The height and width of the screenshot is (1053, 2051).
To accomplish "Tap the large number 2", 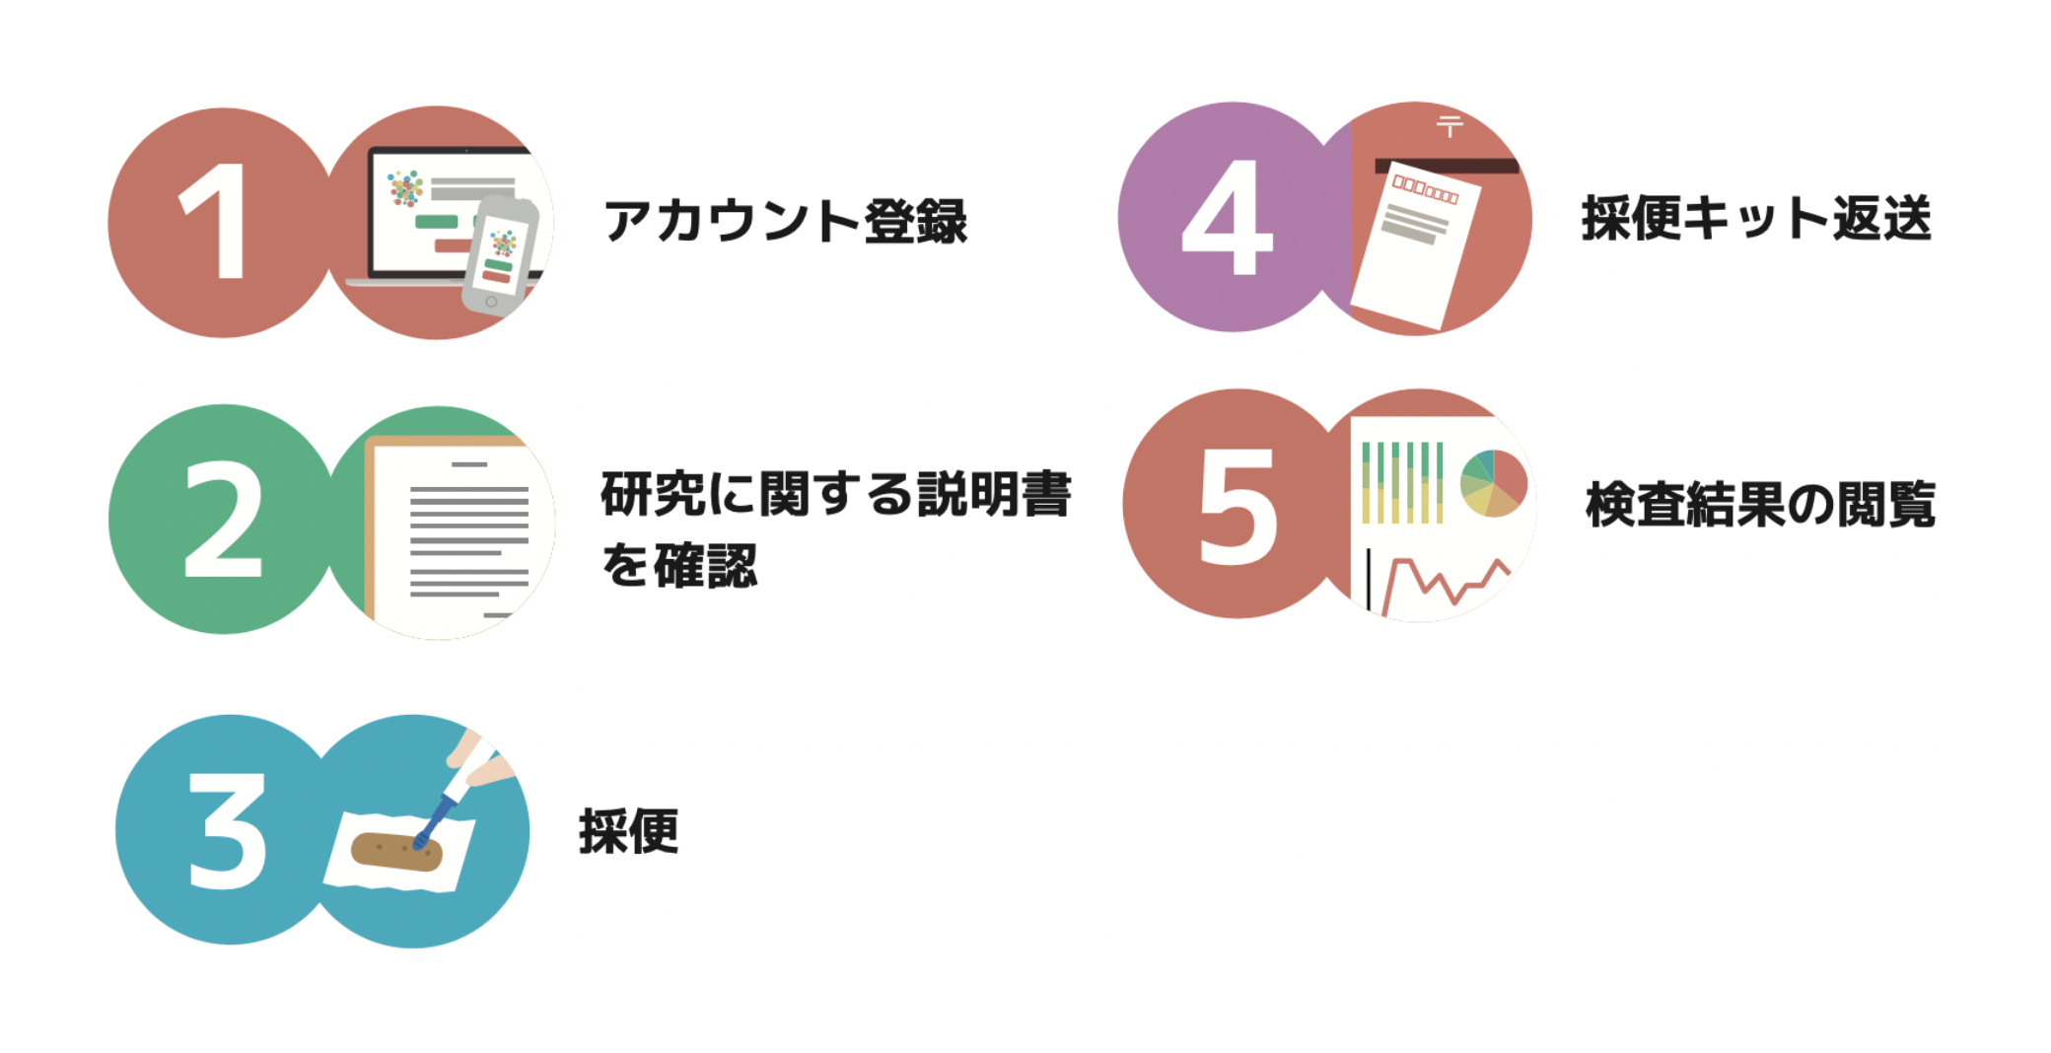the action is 223,520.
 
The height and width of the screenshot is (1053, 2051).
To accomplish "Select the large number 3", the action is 227,830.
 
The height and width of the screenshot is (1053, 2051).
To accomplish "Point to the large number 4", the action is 1228,218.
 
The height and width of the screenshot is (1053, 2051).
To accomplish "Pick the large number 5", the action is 1238,507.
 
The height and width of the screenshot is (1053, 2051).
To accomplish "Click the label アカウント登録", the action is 786,221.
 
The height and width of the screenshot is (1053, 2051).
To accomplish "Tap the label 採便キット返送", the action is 1756,218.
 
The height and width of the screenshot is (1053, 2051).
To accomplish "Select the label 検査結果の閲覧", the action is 1760,505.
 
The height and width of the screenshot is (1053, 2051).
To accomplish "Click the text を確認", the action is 679,566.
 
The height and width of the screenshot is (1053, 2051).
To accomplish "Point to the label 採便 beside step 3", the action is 628,831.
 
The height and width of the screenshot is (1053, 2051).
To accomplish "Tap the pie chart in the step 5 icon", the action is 1493,482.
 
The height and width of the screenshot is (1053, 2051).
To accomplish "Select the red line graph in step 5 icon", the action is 1445,584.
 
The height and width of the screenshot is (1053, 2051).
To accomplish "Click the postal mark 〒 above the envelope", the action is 1450,126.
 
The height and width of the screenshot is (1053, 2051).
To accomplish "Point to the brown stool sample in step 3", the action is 396,852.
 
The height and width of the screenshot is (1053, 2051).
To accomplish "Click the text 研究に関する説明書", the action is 835,494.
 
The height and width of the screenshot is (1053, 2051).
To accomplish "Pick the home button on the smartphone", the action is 491,302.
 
